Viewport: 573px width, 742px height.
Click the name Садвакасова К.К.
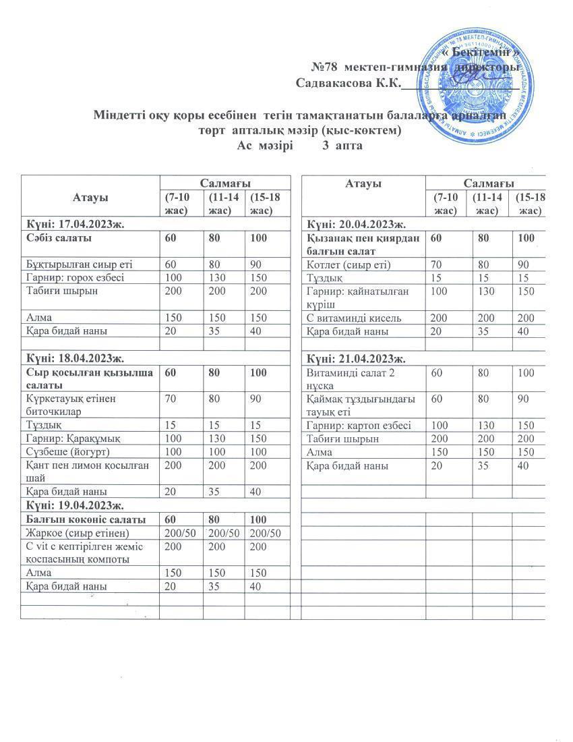[349, 83]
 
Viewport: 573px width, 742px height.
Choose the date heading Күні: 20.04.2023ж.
[355, 224]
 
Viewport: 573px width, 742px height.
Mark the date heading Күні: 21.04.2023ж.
[355, 359]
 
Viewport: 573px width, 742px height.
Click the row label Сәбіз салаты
[59, 237]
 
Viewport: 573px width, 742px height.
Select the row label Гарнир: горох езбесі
[75, 277]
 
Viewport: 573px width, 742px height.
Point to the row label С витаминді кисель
[354, 318]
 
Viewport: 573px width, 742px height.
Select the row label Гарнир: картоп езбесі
[359, 426]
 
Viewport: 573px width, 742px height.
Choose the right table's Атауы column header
[363, 183]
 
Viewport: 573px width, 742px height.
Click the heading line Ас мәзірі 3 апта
[300, 145]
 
